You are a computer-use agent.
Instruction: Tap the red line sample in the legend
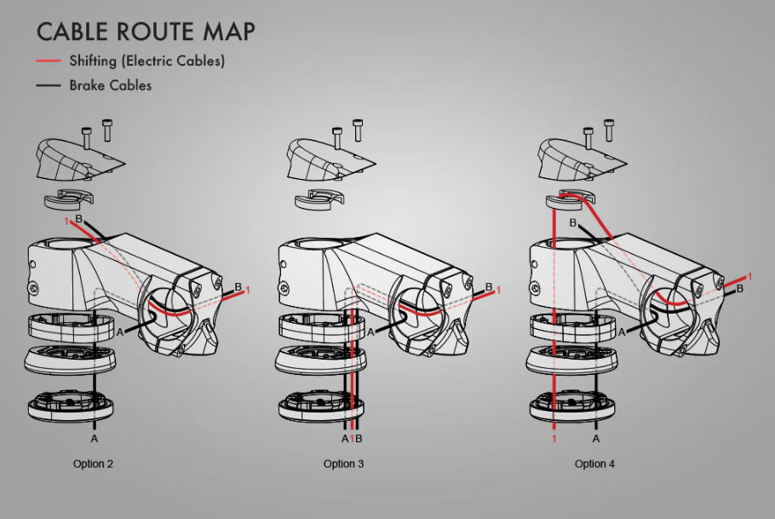click(49, 61)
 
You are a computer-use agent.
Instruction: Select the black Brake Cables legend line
click(49, 85)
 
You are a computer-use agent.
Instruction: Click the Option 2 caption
click(93, 464)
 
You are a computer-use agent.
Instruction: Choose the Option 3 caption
click(343, 464)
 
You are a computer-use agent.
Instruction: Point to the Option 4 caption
click(594, 464)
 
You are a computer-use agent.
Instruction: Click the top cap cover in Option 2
click(79, 159)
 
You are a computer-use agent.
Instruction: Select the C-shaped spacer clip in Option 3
click(319, 199)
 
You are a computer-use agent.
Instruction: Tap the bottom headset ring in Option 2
click(70, 406)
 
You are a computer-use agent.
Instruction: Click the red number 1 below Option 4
click(554, 439)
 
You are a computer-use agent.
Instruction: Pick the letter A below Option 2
click(95, 439)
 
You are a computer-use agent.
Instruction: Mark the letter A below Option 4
click(596, 439)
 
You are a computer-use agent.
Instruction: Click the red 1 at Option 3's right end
click(498, 291)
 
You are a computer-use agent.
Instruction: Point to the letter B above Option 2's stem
click(78, 219)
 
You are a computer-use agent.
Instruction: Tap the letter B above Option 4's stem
click(573, 223)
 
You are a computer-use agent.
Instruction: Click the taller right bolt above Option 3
click(358, 130)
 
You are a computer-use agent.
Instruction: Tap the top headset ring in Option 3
click(322, 327)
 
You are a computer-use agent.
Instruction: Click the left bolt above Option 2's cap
click(87, 138)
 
